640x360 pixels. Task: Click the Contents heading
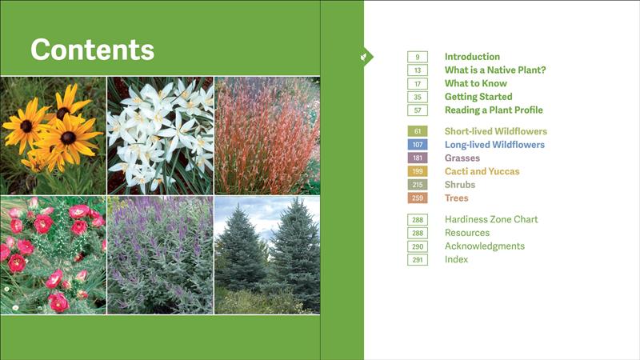tap(92, 50)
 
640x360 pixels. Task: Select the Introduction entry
tap(472, 57)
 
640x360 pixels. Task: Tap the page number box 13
tap(418, 70)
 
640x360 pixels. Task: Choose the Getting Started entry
tap(478, 97)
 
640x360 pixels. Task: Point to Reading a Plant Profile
tap(494, 110)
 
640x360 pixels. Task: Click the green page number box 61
tap(418, 131)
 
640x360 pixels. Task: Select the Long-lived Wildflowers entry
tap(494, 145)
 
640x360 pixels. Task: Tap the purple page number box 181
tap(418, 158)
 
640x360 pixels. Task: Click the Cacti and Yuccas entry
tap(482, 171)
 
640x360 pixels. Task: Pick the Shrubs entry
tap(460, 185)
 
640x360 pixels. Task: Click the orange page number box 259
tap(418, 198)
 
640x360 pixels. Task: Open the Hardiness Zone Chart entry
tap(491, 219)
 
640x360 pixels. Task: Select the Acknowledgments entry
tap(485, 246)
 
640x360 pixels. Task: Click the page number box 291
tap(418, 260)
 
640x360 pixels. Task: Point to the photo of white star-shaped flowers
tap(160, 135)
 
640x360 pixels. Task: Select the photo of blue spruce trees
tap(267, 255)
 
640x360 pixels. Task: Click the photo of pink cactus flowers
tap(53, 255)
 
